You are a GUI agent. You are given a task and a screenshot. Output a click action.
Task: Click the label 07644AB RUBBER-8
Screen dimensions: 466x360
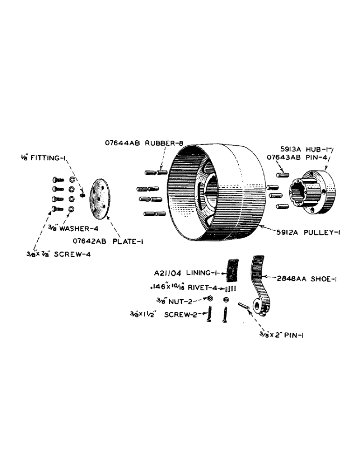pos(138,144)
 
